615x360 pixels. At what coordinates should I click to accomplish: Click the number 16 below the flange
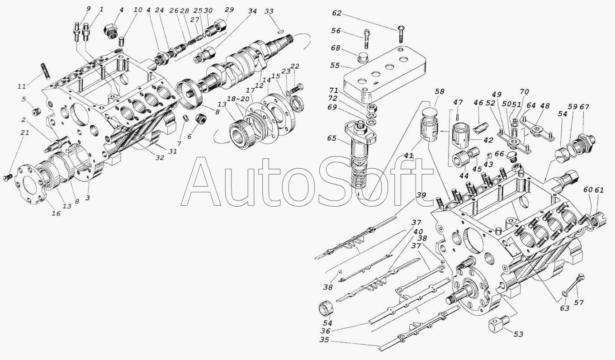56,214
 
